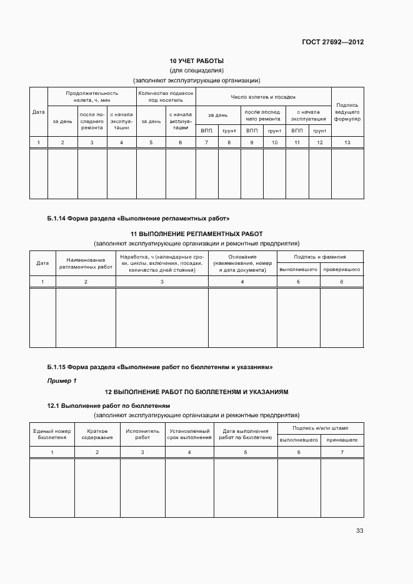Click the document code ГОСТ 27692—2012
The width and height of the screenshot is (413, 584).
332,42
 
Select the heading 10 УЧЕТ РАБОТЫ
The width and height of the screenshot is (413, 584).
197,61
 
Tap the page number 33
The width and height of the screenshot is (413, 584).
359,531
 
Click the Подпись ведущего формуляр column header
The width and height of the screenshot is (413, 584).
347,112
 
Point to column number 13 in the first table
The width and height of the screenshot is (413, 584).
347,143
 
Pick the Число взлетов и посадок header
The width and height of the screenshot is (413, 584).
263,97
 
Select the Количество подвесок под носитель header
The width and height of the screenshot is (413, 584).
166,96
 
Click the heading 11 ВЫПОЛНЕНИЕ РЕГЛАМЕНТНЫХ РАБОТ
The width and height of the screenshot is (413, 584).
197,234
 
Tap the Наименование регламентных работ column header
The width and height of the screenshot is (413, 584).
86,263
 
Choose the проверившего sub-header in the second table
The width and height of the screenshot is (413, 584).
342,269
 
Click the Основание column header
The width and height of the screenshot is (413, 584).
242,263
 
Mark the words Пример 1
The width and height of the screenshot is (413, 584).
62,380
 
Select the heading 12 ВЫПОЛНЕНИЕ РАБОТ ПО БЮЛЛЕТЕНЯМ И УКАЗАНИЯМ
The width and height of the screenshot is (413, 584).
197,392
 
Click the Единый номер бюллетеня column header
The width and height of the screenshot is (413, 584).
52,434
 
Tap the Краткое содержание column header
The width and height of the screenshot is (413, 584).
97,434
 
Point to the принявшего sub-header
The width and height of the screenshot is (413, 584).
342,440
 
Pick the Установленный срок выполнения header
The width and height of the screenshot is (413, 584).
189,434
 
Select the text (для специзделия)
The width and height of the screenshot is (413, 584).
197,71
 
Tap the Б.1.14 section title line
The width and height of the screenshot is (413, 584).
138,219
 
